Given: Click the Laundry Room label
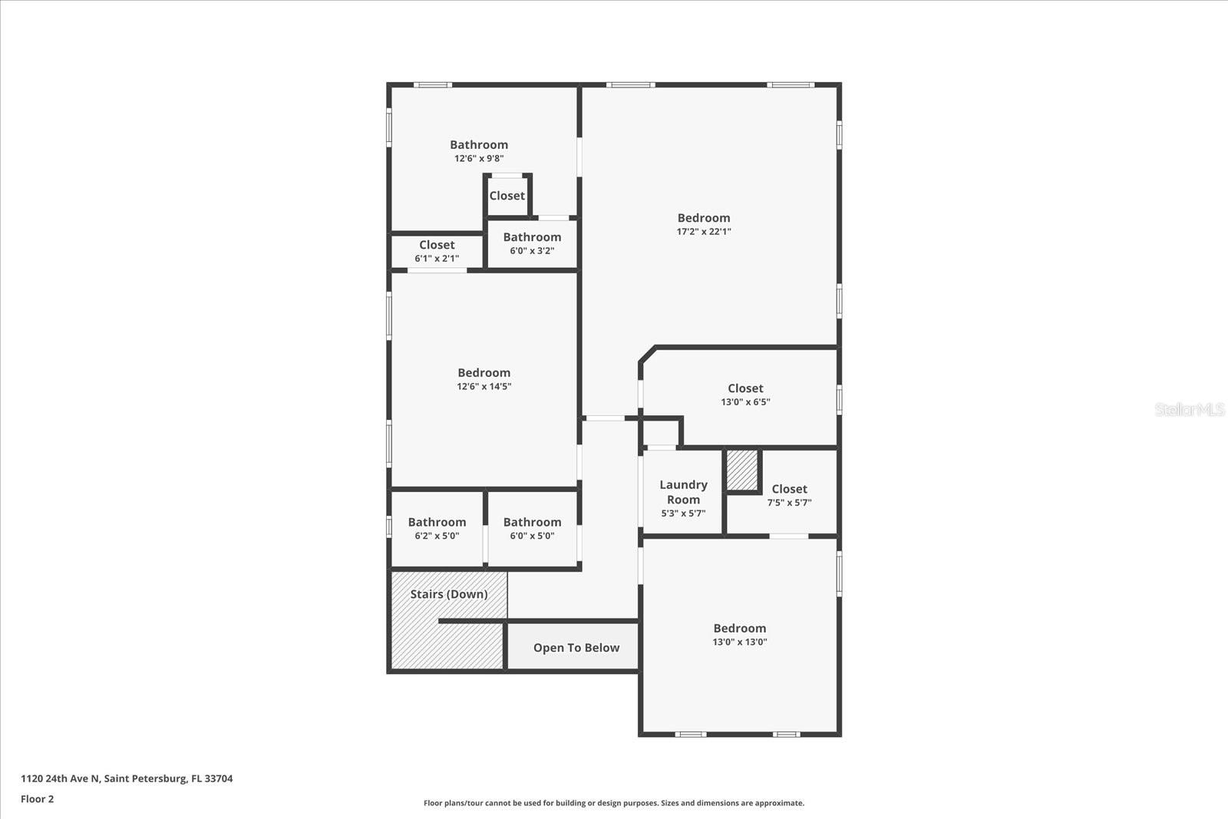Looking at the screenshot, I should click(683, 492).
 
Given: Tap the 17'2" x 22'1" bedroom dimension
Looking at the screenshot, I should click(704, 231).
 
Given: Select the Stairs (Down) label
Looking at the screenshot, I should click(449, 594).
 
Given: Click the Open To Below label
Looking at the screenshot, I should click(576, 648).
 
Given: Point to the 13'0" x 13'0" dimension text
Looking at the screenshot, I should click(740, 642).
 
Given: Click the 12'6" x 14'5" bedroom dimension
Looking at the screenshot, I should click(484, 387).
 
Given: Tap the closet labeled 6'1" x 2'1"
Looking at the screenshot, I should click(437, 252).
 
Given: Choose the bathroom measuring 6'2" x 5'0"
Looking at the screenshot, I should click(437, 528).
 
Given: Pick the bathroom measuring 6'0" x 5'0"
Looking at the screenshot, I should click(532, 528).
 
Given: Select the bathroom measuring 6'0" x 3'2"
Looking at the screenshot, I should click(532, 243).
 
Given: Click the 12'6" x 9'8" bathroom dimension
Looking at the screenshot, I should click(479, 158).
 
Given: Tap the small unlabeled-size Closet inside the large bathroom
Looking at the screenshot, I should click(507, 196).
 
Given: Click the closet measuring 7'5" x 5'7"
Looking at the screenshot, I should click(789, 495).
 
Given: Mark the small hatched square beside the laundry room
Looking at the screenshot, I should click(742, 470).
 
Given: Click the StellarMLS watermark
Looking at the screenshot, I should click(1189, 409).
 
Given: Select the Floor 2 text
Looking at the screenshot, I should click(38, 799).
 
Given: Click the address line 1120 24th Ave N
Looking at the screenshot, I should click(127, 778).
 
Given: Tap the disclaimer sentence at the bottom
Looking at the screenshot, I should click(614, 803).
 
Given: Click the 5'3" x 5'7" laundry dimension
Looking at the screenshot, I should click(683, 514).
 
